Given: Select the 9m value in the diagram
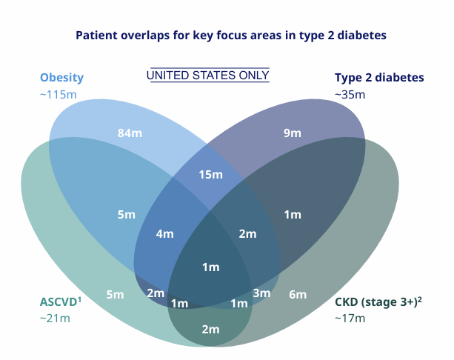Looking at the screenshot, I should point(293,133).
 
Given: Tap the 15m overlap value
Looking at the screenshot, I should point(211,175).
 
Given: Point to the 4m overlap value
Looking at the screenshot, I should point(164,233).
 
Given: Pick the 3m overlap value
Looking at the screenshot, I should point(261,294).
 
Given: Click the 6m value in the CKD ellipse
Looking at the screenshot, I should point(298,295).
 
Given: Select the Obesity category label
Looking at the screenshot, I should point(61,77).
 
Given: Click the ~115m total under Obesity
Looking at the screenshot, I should point(59,95).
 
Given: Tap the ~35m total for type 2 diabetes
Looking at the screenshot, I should point(350,95).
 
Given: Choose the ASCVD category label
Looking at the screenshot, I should point(58,301).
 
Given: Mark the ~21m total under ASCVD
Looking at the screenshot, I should point(55,319).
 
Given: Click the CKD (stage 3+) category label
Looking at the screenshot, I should point(375,301).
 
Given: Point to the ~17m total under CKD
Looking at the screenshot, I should point(350,319).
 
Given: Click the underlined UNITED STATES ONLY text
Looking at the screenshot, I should point(208,76).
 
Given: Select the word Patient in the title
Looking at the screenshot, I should point(96,35).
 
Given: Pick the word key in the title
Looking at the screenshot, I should point(203,35).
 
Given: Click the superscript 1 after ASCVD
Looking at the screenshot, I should point(79,298).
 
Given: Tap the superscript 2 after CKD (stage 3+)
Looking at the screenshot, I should point(420,298).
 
